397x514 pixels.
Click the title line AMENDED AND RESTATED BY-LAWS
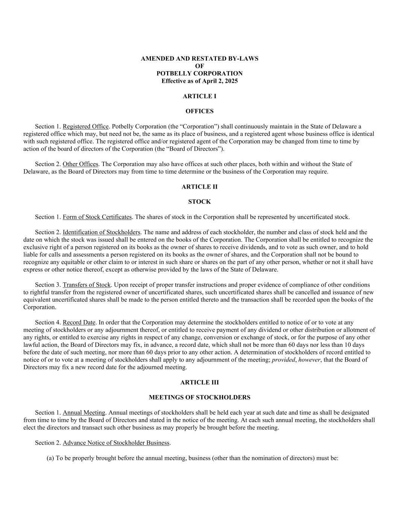[199, 58]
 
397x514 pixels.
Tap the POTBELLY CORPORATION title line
[199, 73]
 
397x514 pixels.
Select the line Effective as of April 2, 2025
[199, 81]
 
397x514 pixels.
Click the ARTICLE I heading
[199, 96]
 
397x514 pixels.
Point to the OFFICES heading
[199, 111]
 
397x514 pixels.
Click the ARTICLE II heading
[199, 186]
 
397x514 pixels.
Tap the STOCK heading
[199, 201]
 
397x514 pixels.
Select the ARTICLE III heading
[199, 382]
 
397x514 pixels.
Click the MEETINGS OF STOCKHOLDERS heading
[199, 397]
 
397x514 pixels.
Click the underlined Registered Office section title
[86, 127]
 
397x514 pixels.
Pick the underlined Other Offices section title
[81, 164]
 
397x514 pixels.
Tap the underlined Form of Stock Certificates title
[97, 217]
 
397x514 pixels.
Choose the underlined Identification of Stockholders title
[102, 232]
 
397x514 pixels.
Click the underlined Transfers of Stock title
[87, 285]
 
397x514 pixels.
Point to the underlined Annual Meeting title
[84, 413]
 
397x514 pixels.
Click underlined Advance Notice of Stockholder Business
[116, 443]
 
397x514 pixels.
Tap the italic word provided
[283, 360]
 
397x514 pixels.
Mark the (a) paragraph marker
[50, 458]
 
